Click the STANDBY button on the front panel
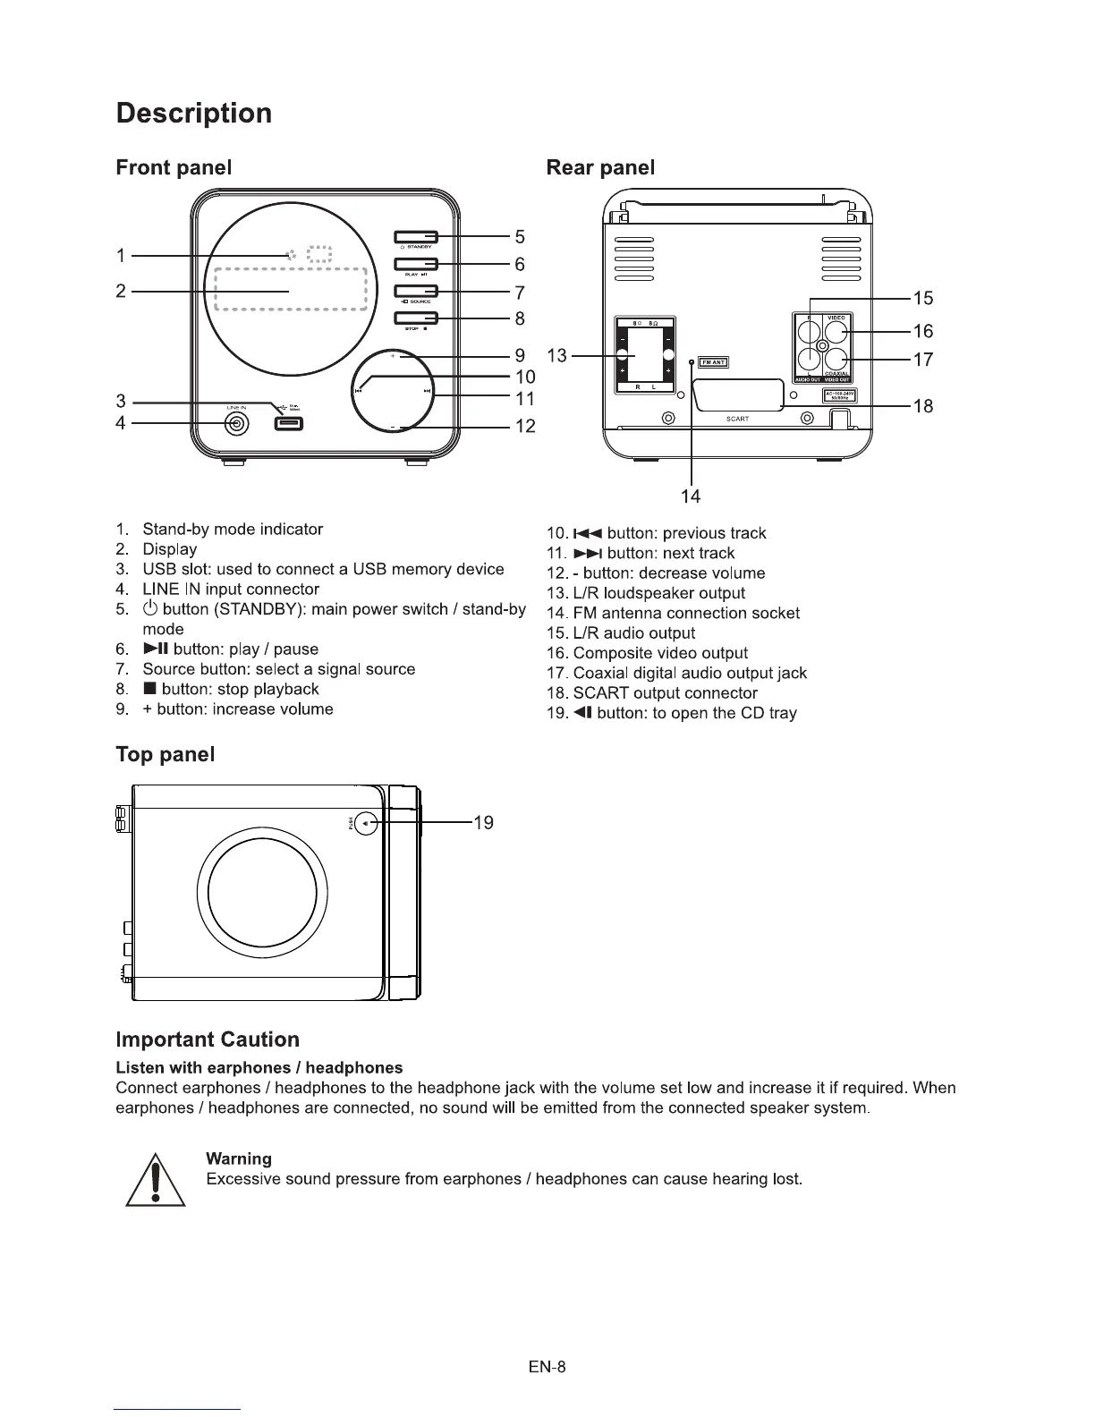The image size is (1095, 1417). [415, 236]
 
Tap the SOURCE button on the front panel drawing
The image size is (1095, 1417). [415, 291]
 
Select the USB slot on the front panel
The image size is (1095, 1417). [288, 423]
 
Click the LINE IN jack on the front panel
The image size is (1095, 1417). [236, 424]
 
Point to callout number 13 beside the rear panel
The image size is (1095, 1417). [556, 356]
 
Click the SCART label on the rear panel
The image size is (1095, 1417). [737, 419]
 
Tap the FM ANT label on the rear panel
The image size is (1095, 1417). [712, 362]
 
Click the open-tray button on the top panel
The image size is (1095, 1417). [366, 823]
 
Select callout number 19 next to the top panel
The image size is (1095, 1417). [483, 823]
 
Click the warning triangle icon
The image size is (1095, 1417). [156, 1180]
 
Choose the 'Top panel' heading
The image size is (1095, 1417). [166, 754]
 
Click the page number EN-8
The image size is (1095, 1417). [547, 1367]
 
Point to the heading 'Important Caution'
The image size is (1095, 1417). [208, 1039]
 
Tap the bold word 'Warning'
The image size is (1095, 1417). [239, 1158]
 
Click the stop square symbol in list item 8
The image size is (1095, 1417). [149, 690]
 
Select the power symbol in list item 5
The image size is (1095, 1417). [150, 609]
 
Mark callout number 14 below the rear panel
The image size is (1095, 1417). [691, 496]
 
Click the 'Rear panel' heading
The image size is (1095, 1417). [600, 167]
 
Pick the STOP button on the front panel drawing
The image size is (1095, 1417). [415, 318]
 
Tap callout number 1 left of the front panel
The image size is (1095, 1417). [121, 256]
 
